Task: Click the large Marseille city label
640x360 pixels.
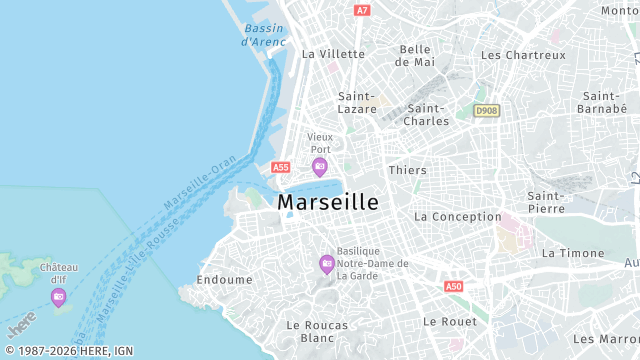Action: click(x=327, y=202)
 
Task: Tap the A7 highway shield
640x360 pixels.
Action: click(x=362, y=10)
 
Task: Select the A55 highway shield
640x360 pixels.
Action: click(x=280, y=168)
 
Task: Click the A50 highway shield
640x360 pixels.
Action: click(x=454, y=286)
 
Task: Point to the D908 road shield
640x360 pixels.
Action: click(x=486, y=110)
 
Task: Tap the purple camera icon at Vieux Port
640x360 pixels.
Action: click(x=319, y=166)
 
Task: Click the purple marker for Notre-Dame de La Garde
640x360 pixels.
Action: click(x=326, y=264)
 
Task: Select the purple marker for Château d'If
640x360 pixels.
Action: click(x=59, y=296)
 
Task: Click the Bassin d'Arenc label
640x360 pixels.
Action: click(x=264, y=35)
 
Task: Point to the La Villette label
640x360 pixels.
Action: click(x=333, y=54)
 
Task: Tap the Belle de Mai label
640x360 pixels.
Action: click(x=415, y=55)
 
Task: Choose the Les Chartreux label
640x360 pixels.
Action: click(x=523, y=55)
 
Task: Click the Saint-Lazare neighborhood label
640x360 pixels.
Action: click(x=357, y=102)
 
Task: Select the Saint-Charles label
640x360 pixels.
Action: click(x=426, y=114)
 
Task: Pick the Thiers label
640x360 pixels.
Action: click(x=407, y=170)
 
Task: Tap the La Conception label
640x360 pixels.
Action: click(x=457, y=216)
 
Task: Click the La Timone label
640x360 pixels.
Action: click(x=573, y=253)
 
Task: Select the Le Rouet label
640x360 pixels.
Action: click(x=450, y=321)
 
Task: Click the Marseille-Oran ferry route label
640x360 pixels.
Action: click(x=199, y=184)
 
